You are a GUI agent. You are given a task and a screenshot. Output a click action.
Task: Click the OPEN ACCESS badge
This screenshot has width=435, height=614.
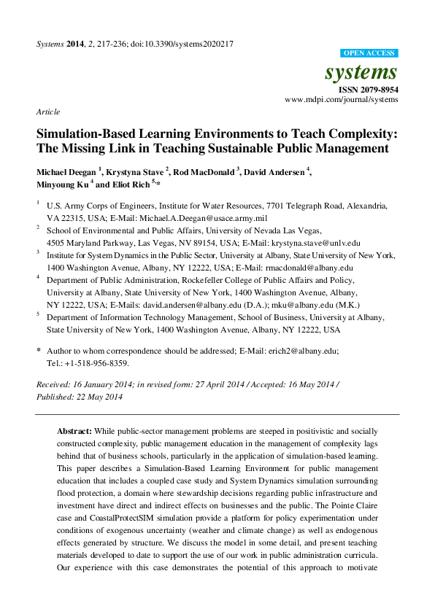click(369, 53)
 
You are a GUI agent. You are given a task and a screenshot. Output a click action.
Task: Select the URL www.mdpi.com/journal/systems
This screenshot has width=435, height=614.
click(342, 100)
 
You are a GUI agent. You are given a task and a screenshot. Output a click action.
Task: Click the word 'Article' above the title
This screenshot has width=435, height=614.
click(47, 112)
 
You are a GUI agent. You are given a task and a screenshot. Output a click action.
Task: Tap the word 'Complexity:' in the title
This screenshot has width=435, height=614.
click(359, 135)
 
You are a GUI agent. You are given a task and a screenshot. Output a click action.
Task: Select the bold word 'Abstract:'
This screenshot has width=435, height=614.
click(74, 432)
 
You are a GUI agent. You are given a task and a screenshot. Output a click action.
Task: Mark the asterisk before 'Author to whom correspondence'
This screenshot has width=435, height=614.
click(39, 351)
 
